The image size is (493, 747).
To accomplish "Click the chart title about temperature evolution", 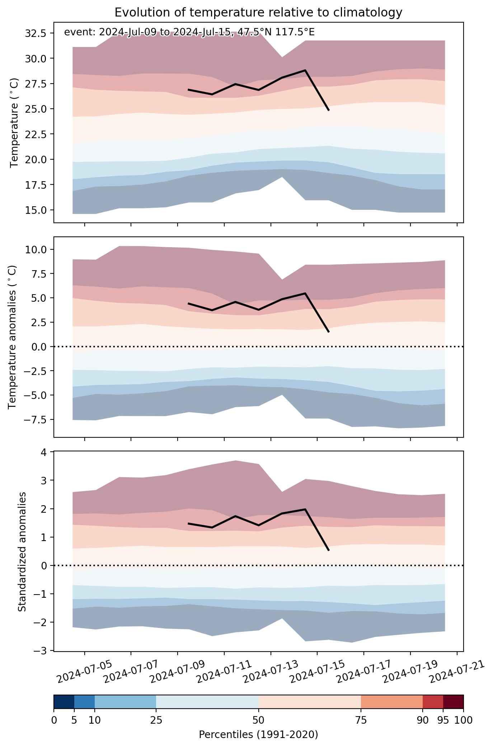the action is coord(258,13).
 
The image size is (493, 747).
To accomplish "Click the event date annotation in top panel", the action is coord(189,32).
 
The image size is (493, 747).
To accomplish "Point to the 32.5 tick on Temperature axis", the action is coord(35,33).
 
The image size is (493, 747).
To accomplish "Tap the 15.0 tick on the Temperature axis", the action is coord(35,210).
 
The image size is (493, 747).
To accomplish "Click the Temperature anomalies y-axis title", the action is coord(12,337).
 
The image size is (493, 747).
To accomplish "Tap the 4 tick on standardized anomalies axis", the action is coord(43,452).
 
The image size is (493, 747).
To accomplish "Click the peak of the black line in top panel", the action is coord(305,70).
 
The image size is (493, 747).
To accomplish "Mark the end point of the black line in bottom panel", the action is coord(329,550).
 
